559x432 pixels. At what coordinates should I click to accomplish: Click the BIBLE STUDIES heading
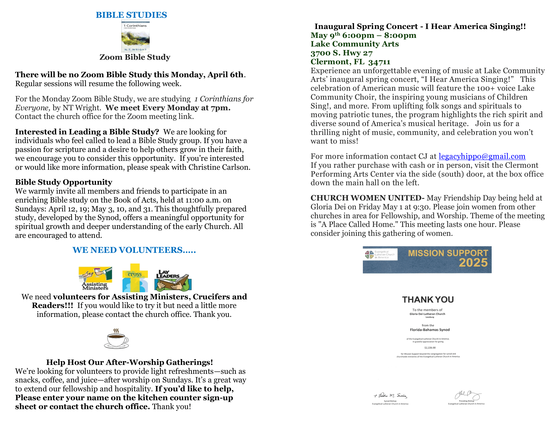pos(131,15)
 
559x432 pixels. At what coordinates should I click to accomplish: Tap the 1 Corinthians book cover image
pos(135,36)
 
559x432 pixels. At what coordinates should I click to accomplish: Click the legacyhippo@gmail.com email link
pos(482,156)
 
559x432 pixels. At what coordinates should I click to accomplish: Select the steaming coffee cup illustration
pos(116,339)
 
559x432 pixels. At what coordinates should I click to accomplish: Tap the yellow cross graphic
pos(135,278)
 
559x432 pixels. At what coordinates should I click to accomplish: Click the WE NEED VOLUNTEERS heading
pos(134,250)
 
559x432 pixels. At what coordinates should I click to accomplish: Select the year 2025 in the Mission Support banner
pos(473,263)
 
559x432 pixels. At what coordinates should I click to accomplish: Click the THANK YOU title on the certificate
pos(428,299)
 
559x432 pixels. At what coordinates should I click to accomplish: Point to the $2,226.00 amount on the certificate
pos(430,348)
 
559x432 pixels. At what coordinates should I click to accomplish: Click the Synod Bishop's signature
pos(390,396)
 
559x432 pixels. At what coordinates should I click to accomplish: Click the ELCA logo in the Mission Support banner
pos(369,255)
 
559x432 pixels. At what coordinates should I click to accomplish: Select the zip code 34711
pos(379,62)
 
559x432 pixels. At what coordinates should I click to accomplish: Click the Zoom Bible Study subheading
pos(135,57)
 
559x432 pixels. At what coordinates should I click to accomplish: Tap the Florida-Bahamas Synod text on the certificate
pos(430,330)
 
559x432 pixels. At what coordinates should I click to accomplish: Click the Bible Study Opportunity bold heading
pos(64,182)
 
